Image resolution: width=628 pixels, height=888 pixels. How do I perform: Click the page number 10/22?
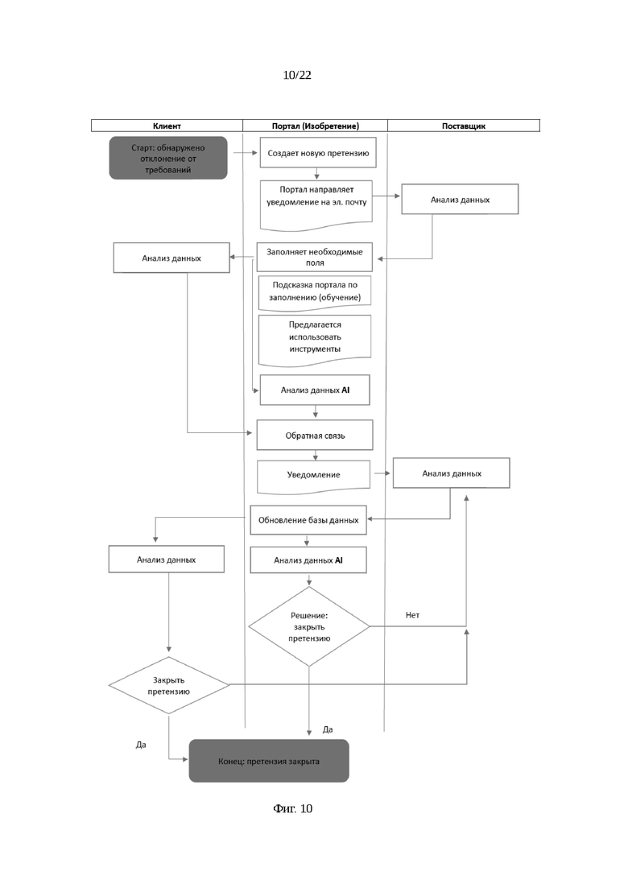tap(297, 75)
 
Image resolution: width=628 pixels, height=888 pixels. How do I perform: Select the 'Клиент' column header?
tap(167, 126)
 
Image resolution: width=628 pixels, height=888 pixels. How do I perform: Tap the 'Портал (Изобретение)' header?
tap(316, 126)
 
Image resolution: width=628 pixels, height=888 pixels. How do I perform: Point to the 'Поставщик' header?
tap(464, 126)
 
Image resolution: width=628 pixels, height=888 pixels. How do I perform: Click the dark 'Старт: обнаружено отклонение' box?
tap(168, 158)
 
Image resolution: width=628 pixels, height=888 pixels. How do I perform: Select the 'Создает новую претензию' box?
tap(318, 153)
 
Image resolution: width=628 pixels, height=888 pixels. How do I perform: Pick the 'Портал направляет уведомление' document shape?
tap(316, 204)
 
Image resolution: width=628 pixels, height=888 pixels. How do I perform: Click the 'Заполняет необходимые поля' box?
tap(315, 257)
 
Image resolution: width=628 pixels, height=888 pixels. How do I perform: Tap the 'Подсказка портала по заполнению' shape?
tap(315, 292)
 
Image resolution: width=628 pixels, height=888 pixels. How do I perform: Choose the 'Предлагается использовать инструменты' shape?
tap(315, 341)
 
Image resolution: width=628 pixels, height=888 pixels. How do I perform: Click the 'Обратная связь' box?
tap(315, 436)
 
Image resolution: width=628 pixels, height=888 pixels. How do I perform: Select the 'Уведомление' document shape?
tap(314, 476)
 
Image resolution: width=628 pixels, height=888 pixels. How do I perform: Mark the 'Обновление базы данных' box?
tap(308, 520)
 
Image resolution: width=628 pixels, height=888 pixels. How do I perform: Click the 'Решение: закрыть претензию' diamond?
tap(309, 626)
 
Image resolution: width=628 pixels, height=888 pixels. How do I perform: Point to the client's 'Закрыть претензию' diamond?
tap(169, 685)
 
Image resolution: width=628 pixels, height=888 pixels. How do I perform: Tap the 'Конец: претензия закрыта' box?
tap(269, 761)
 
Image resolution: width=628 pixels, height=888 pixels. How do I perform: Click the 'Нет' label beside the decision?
tap(412, 615)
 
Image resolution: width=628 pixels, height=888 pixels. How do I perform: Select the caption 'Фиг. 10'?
tap(293, 809)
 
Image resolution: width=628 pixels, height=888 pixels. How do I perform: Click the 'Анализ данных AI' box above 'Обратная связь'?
tap(315, 390)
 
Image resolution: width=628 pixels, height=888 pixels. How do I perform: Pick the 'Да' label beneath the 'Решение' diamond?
tap(328, 730)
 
